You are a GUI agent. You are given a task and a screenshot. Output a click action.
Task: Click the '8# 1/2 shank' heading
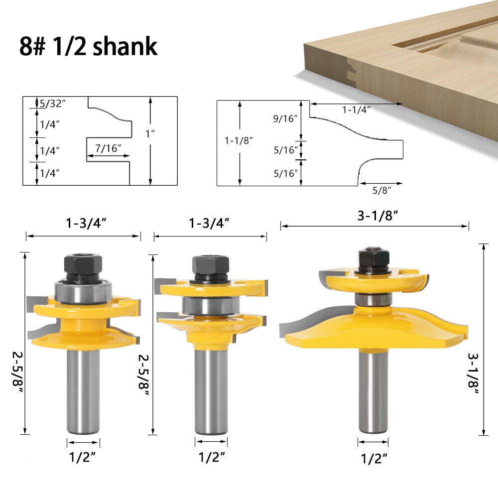[x=89, y=46]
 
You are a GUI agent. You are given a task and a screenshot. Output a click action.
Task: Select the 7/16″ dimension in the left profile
[x=108, y=148]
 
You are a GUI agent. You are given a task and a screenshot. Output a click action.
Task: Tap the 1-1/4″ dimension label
[x=356, y=110]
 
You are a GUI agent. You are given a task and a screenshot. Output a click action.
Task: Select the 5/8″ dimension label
[x=381, y=190]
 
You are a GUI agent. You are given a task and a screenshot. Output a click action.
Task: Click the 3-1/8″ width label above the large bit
[x=375, y=216]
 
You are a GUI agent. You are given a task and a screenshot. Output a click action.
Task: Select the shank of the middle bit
[x=211, y=393]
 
